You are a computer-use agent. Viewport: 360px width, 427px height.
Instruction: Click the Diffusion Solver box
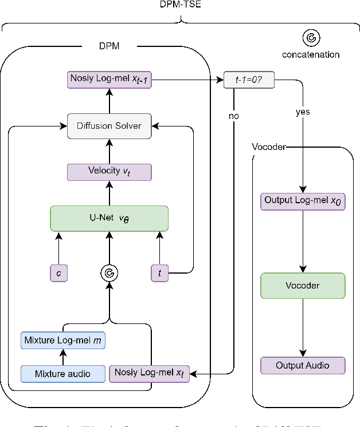pos(109,126)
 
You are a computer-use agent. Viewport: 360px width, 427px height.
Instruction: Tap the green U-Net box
pos(109,218)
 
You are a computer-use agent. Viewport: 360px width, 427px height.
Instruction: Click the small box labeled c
pos(58,274)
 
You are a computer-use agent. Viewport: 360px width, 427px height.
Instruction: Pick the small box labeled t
pos(159,274)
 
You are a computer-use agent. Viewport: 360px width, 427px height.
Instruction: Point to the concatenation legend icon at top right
pos(311,38)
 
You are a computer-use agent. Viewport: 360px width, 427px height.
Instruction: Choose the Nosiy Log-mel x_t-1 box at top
pos(109,80)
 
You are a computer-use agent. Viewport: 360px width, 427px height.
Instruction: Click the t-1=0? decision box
pos(249,81)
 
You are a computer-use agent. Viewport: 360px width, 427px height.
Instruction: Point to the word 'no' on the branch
pos(234,116)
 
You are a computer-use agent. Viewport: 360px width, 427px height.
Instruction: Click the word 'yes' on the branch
pos(303,112)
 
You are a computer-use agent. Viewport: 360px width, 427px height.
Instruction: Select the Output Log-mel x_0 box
pos(303,201)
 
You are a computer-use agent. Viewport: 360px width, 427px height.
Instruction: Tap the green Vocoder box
pos(303,284)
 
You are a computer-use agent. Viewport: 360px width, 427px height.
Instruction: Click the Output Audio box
pos(303,365)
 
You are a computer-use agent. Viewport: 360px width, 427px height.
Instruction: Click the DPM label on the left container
pos(109,45)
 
